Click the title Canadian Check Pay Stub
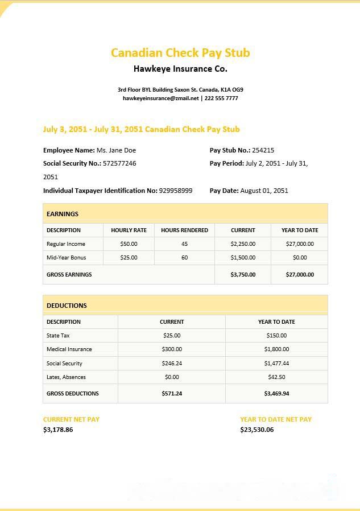[x=180, y=53]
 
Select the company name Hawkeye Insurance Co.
[x=180, y=69]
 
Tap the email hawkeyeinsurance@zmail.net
[x=160, y=98]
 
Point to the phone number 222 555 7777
[x=221, y=98]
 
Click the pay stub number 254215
[x=263, y=150]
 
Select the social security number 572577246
[x=119, y=163]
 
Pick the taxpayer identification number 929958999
[x=175, y=191]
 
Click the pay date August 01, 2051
[x=264, y=191]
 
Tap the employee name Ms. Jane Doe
[x=116, y=150]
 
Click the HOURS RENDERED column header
[x=184, y=230]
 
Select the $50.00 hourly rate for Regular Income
[x=129, y=244]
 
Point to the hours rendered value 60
[x=184, y=258]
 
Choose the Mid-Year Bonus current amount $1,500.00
[x=243, y=258]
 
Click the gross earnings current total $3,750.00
[x=243, y=275]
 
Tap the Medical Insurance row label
[x=69, y=349]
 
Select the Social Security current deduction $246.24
[x=172, y=364]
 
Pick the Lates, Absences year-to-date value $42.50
[x=276, y=377]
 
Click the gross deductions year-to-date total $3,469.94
[x=276, y=394]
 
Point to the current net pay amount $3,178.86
[x=58, y=430]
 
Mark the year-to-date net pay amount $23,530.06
[x=256, y=430]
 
